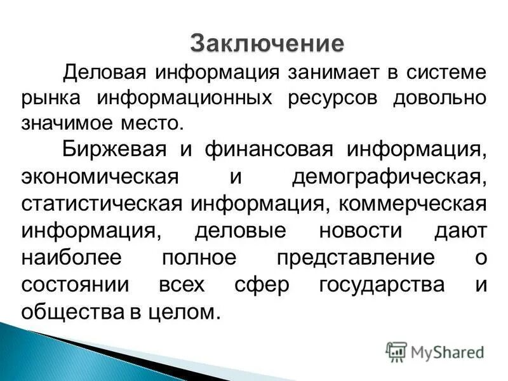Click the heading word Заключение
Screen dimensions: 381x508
[x=267, y=44]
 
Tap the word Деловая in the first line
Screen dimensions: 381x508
[x=102, y=72]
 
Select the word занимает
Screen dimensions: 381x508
[x=334, y=72]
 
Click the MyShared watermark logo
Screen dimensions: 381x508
[x=435, y=351]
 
